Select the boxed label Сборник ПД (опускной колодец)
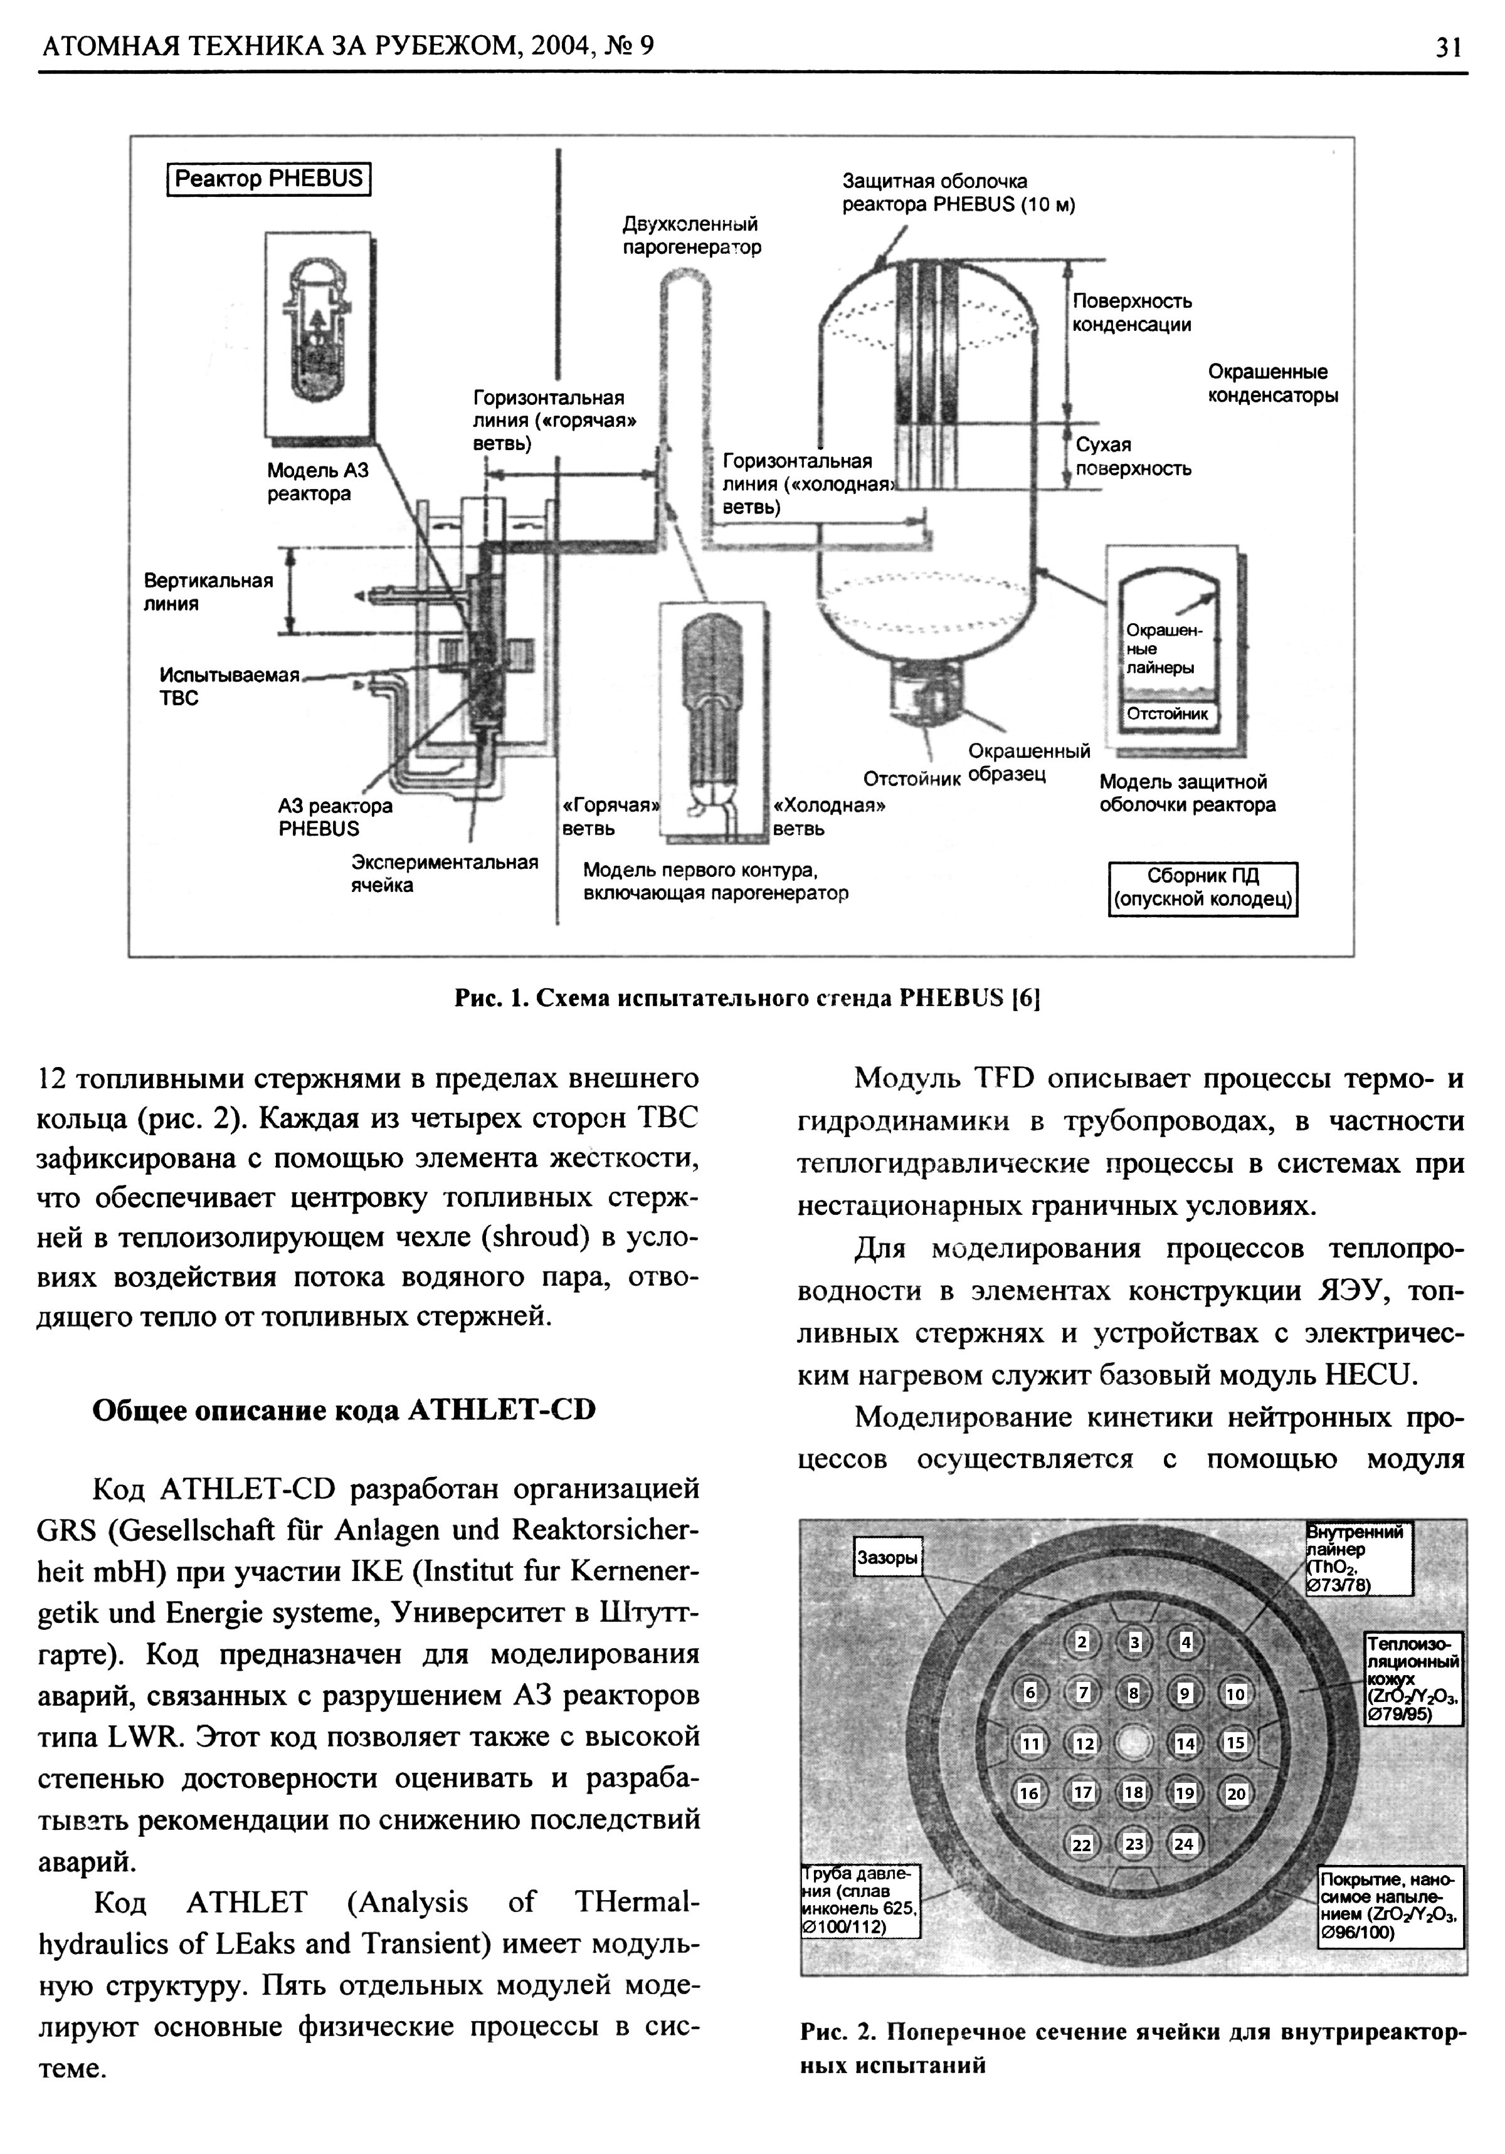point(1203,888)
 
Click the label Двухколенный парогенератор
point(692,236)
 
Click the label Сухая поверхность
point(1133,456)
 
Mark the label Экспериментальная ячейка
point(444,873)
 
